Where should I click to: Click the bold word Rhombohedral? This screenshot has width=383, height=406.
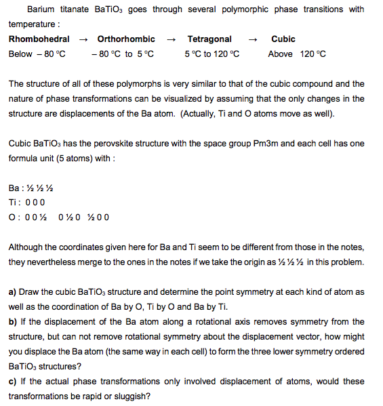point(39,39)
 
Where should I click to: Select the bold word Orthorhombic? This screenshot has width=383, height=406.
point(126,39)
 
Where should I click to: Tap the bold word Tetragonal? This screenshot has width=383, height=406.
point(209,39)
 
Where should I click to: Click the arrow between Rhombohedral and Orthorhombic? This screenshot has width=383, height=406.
point(83,39)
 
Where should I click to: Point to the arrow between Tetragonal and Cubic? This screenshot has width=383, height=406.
point(252,39)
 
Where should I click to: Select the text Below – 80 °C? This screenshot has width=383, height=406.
point(37,54)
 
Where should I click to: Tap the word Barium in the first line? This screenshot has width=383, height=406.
point(41,9)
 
